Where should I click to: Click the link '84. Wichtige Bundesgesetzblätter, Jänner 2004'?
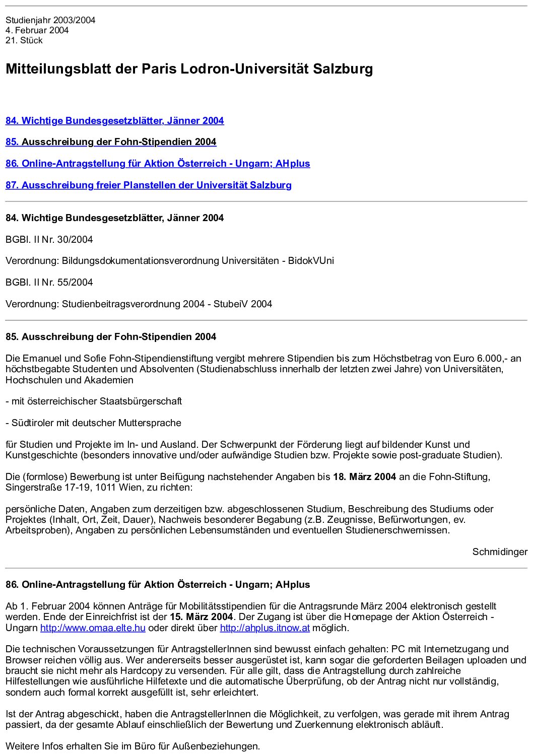click(x=114, y=121)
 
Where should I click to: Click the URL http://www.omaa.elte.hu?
click(x=93, y=628)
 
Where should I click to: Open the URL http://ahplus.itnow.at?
click(x=264, y=628)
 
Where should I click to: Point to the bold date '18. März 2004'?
click(x=364, y=477)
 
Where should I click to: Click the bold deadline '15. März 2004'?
click(x=201, y=617)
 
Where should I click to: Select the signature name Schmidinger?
click(x=499, y=552)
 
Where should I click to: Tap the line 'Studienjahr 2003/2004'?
click(x=50, y=20)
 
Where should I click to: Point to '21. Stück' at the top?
click(x=24, y=41)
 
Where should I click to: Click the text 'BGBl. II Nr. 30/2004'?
click(x=49, y=240)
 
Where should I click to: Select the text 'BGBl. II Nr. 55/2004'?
click(x=49, y=283)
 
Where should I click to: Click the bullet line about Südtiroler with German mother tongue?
click(x=93, y=423)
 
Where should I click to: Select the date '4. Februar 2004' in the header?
click(x=37, y=30)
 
